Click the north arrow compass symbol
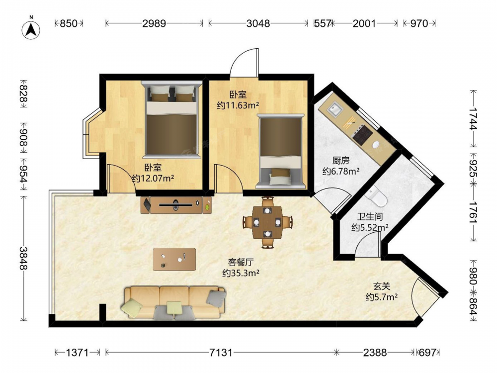31,29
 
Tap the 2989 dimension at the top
154,23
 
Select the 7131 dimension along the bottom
221,353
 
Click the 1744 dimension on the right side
473,119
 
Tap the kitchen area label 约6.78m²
341,172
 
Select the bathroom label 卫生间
370,217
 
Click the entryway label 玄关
382,286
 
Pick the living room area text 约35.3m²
241,273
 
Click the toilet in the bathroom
376,196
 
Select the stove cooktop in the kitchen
362,134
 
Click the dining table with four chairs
268,222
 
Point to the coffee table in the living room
174,260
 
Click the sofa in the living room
173,302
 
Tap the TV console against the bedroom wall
176,205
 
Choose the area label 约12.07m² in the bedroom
153,178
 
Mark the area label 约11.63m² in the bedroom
238,105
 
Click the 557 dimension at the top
323,23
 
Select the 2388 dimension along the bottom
375,353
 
